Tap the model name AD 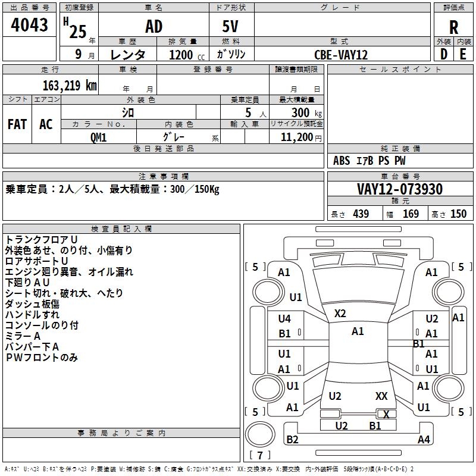pyautogui.click(x=154, y=27)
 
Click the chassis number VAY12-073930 pyautogui.click(x=400, y=189)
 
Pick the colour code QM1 pyautogui.click(x=99, y=137)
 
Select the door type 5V pyautogui.click(x=231, y=27)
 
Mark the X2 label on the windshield pyautogui.click(x=340, y=313)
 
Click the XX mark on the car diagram pyautogui.click(x=381, y=396)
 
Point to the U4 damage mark pyautogui.click(x=285, y=319)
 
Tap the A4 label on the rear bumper pyautogui.click(x=424, y=440)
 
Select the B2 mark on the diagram pyautogui.click(x=292, y=440)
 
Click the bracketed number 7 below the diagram pyautogui.click(x=260, y=456)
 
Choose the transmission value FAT pyautogui.click(x=17, y=124)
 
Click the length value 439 pyautogui.click(x=361, y=214)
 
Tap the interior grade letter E pyautogui.click(x=463, y=54)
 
